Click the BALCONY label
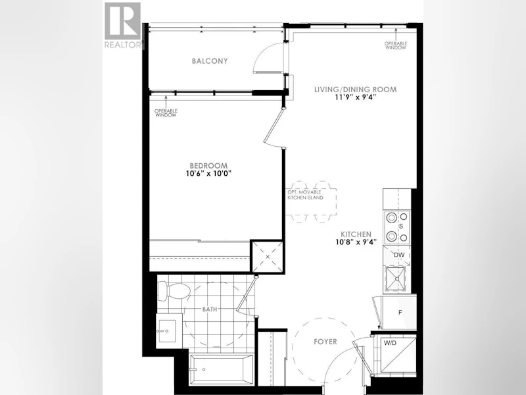[210, 61]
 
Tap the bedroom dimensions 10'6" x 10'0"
[208, 174]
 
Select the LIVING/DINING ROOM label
[355, 90]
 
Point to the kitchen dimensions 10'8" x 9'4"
[356, 242]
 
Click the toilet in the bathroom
[174, 291]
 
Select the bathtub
[222, 369]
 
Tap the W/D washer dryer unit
[395, 354]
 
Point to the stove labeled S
[398, 227]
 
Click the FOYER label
[325, 342]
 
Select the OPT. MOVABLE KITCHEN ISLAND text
[305, 195]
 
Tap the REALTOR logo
[122, 26]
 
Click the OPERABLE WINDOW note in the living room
[396, 45]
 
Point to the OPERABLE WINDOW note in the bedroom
[166, 113]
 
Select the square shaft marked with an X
[268, 257]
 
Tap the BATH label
[209, 309]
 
